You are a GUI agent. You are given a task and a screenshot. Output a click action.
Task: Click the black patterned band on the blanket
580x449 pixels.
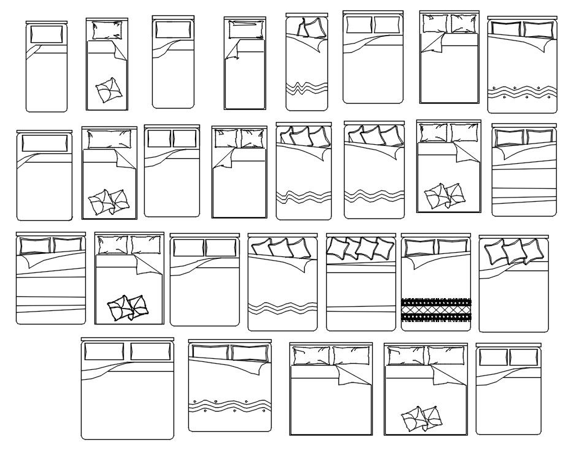tap(436, 310)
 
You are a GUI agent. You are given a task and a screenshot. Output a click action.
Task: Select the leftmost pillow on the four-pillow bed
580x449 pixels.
tap(337, 247)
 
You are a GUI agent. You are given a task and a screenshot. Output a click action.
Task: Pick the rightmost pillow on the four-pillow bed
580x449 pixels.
tap(384, 247)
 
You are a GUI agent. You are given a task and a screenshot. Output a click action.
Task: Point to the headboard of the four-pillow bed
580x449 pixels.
tap(361, 234)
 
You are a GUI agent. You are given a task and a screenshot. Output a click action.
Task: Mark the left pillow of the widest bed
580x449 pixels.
tap(103, 351)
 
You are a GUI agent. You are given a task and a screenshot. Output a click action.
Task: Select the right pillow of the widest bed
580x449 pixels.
tap(150, 351)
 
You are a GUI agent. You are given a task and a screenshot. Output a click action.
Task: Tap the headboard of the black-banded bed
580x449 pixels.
tap(436, 235)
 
